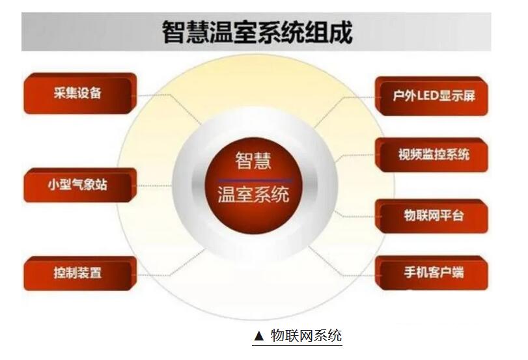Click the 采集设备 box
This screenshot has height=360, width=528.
[x=80, y=93]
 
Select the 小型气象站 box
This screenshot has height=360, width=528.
[x=80, y=186]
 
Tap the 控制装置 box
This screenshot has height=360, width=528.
[x=80, y=273]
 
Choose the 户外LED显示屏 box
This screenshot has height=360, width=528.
[x=432, y=96]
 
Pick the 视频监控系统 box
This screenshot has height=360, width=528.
[x=432, y=155]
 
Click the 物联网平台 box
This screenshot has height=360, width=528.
[x=432, y=216]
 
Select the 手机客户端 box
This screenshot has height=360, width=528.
[x=432, y=273]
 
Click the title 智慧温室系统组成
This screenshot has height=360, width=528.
[x=257, y=33]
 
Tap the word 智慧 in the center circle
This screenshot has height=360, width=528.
[x=253, y=161]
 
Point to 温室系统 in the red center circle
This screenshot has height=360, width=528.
[x=253, y=195]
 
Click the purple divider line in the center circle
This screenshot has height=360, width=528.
[x=255, y=180]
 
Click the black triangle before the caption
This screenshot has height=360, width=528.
[x=258, y=336]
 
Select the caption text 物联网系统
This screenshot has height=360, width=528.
[x=306, y=335]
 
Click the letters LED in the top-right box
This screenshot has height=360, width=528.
[x=427, y=96]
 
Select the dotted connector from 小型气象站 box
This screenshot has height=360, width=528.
[x=154, y=186]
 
